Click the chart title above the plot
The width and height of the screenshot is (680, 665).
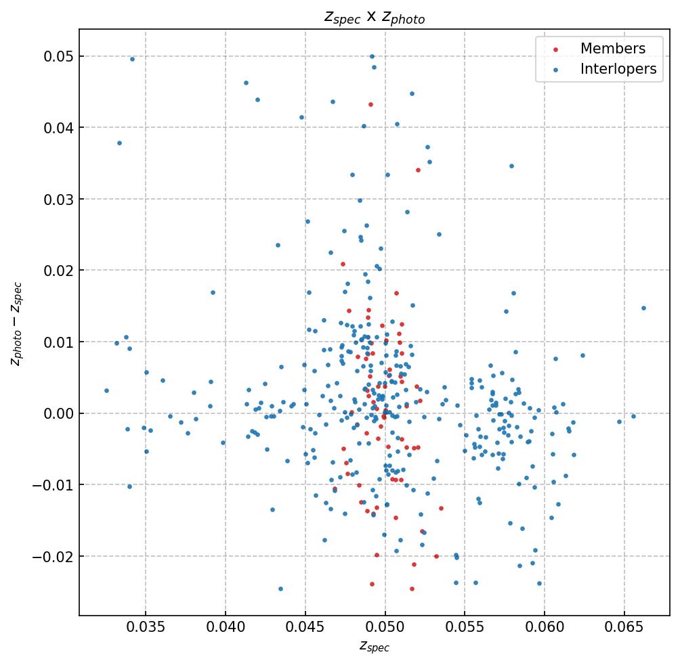click(374, 18)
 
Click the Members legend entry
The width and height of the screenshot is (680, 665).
click(612, 49)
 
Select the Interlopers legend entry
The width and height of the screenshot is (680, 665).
click(618, 69)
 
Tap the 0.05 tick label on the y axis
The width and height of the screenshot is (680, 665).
click(58, 56)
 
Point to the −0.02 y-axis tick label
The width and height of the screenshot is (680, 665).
click(54, 556)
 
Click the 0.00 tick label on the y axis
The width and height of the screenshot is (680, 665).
click(58, 413)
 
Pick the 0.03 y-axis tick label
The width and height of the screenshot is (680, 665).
click(58, 199)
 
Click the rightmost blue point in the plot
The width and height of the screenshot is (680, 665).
click(643, 308)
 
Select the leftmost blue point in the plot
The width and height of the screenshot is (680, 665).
click(106, 390)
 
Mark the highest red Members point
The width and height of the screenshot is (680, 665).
click(370, 104)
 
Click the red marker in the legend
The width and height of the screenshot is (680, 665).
click(555, 49)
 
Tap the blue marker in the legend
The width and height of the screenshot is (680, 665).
click(555, 69)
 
